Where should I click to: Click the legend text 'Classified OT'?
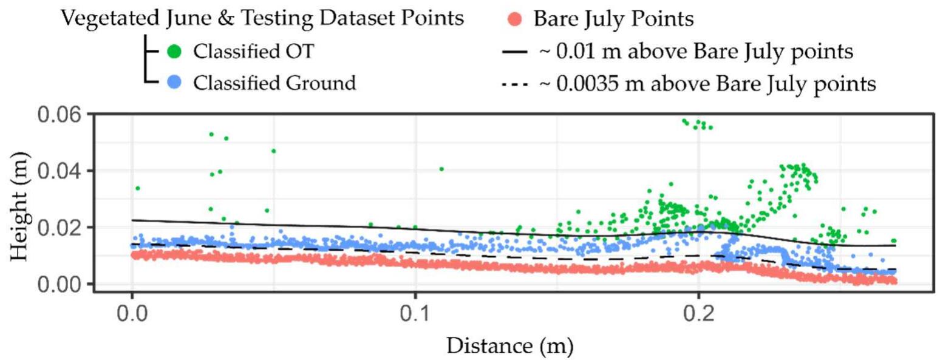[253, 52]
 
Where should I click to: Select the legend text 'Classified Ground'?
[274, 83]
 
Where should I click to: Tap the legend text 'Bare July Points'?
[613, 19]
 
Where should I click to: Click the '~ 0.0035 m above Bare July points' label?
[707, 84]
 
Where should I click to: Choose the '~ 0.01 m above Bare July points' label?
[696, 53]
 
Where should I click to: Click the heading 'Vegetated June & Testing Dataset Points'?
[262, 18]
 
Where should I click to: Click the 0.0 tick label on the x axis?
[132, 316]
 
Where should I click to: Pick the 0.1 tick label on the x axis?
[415, 316]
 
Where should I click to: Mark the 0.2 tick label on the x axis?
[698, 316]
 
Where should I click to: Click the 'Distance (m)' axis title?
[509, 347]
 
